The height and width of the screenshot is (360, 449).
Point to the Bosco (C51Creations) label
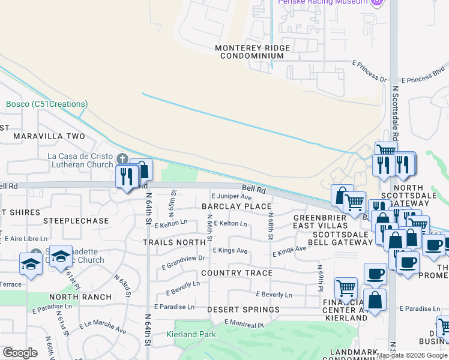coord(47,104)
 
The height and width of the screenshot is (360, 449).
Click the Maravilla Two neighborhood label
coord(49,136)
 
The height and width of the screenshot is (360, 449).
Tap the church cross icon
coord(122,159)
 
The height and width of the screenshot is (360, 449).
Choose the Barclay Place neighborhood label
coord(237,206)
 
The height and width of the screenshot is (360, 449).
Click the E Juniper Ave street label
coord(232,196)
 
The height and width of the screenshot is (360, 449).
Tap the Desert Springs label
coord(243,310)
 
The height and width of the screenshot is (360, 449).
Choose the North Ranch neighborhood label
coord(80,297)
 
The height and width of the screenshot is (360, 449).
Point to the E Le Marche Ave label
coord(103,328)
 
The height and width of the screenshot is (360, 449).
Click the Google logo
coord(20,353)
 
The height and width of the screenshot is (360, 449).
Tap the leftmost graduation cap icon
coord(31,263)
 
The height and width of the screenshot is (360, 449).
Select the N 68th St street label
coord(271,226)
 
